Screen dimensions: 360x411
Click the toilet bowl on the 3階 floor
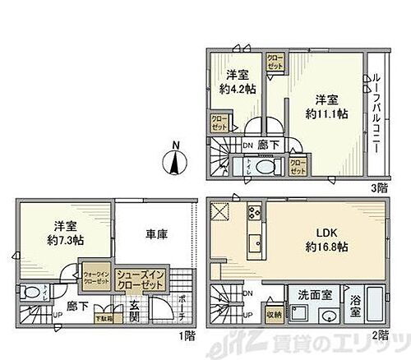[x=266, y=168]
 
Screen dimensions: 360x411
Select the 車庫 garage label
[x=156, y=235]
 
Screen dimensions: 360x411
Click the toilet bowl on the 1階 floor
[x=30, y=293]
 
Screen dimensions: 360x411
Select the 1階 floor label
[x=189, y=335]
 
